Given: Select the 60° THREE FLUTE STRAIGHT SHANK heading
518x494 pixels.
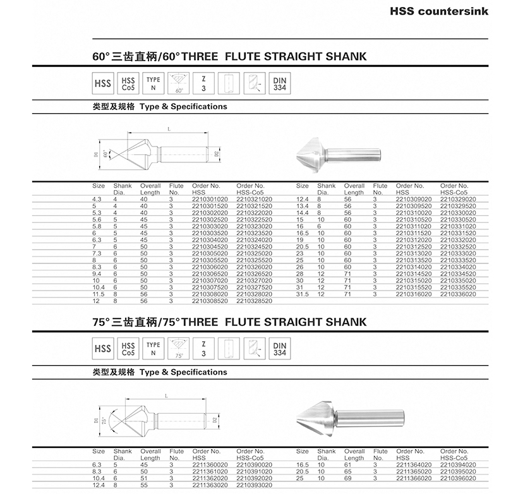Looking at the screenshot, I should click(229, 57).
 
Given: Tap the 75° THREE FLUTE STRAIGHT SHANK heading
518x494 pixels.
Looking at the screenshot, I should click(229, 322).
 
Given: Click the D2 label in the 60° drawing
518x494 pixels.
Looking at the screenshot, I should click(216, 154).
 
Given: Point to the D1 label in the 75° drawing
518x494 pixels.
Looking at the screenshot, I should click(96, 419).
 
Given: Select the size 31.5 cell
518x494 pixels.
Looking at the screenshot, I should click(303, 294).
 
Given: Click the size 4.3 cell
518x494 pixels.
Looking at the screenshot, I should click(97, 200).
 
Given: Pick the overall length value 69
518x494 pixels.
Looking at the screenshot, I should click(347, 478).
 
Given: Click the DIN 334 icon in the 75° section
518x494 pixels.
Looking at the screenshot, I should click(279, 349).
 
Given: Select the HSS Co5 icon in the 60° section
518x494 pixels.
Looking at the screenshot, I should click(128, 84).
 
